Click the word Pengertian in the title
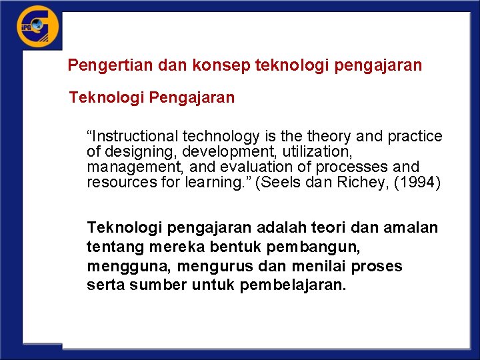(x=101, y=65)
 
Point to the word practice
(x=417, y=137)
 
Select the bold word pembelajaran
(x=289, y=285)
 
